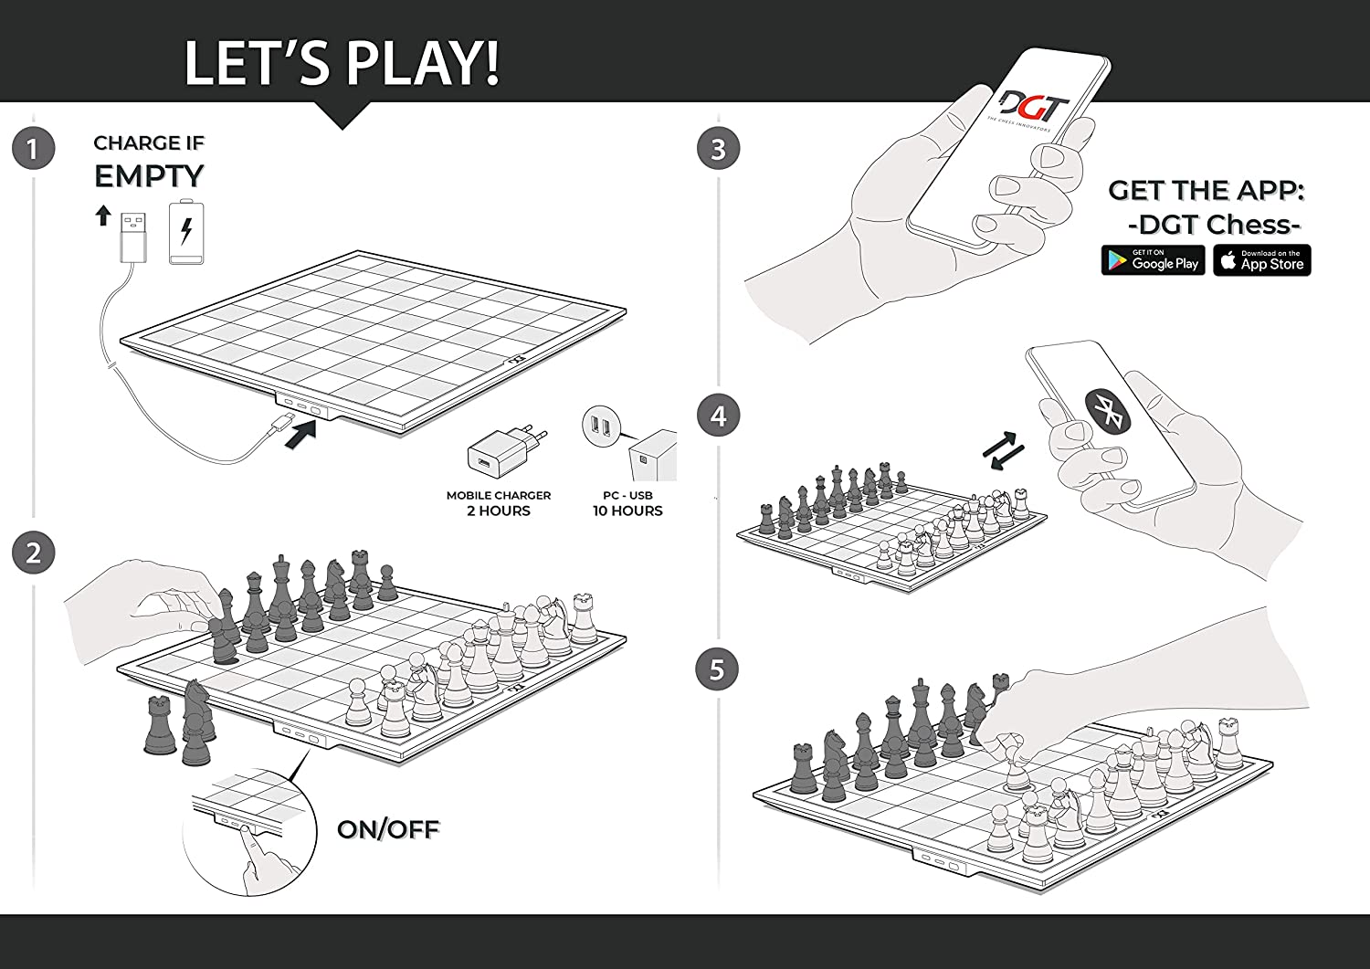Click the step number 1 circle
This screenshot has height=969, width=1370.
33,149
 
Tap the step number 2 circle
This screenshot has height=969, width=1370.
33,553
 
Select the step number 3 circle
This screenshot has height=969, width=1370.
719,149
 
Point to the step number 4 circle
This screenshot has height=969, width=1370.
719,416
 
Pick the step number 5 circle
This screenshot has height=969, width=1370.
717,669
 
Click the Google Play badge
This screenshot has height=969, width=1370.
1153,260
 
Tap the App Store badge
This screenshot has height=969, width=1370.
1261,260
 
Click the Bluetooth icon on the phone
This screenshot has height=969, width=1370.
1107,412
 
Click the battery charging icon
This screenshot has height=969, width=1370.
186,232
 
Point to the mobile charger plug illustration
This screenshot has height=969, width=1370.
506,452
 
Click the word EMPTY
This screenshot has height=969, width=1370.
149,177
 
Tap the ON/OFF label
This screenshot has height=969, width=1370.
388,829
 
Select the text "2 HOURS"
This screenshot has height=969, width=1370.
499,511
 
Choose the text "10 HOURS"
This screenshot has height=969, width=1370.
627,511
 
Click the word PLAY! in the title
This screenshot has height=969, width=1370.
423,62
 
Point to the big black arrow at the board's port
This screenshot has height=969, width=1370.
300,435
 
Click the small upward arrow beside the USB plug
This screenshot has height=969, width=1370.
103,216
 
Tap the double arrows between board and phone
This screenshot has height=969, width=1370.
1003,451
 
